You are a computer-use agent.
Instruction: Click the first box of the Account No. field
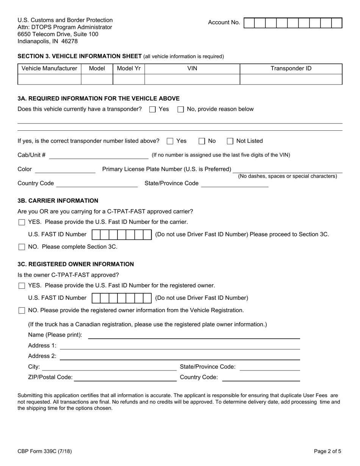pos(249,23)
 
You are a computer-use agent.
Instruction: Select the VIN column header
pos(192,69)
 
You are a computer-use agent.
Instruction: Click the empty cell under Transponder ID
pos(291,79)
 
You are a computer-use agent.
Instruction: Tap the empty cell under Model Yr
pos(128,79)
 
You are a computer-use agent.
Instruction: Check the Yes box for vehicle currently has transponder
pos(152,109)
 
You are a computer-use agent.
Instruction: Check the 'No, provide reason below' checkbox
pos(181,109)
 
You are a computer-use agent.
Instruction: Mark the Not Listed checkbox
pos(230,141)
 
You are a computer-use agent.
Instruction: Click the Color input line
pos(65,170)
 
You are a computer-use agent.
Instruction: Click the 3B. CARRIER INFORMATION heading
pos(58,201)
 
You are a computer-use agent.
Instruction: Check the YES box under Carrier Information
pos(22,222)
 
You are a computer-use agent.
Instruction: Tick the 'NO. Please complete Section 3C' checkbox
pos(22,247)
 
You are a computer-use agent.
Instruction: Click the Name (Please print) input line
pos(194,335)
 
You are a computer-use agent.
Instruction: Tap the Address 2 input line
pos(180,357)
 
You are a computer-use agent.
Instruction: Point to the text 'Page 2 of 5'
pos(327,451)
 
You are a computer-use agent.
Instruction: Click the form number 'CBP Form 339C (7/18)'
pos(45,451)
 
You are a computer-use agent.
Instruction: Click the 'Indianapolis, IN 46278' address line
pos(48,41)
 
